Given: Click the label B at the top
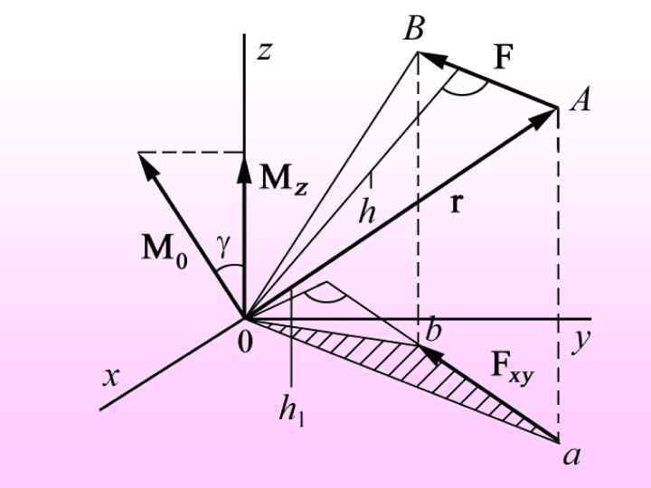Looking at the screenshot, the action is (x=413, y=29).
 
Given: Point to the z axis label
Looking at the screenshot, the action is (x=264, y=51).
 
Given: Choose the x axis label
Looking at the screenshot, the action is (x=110, y=376).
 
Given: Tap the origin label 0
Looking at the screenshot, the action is (x=244, y=346).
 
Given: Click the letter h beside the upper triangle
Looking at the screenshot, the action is (x=367, y=213).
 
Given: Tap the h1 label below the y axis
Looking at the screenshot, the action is (x=291, y=411).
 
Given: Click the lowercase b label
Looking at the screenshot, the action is (x=434, y=332).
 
